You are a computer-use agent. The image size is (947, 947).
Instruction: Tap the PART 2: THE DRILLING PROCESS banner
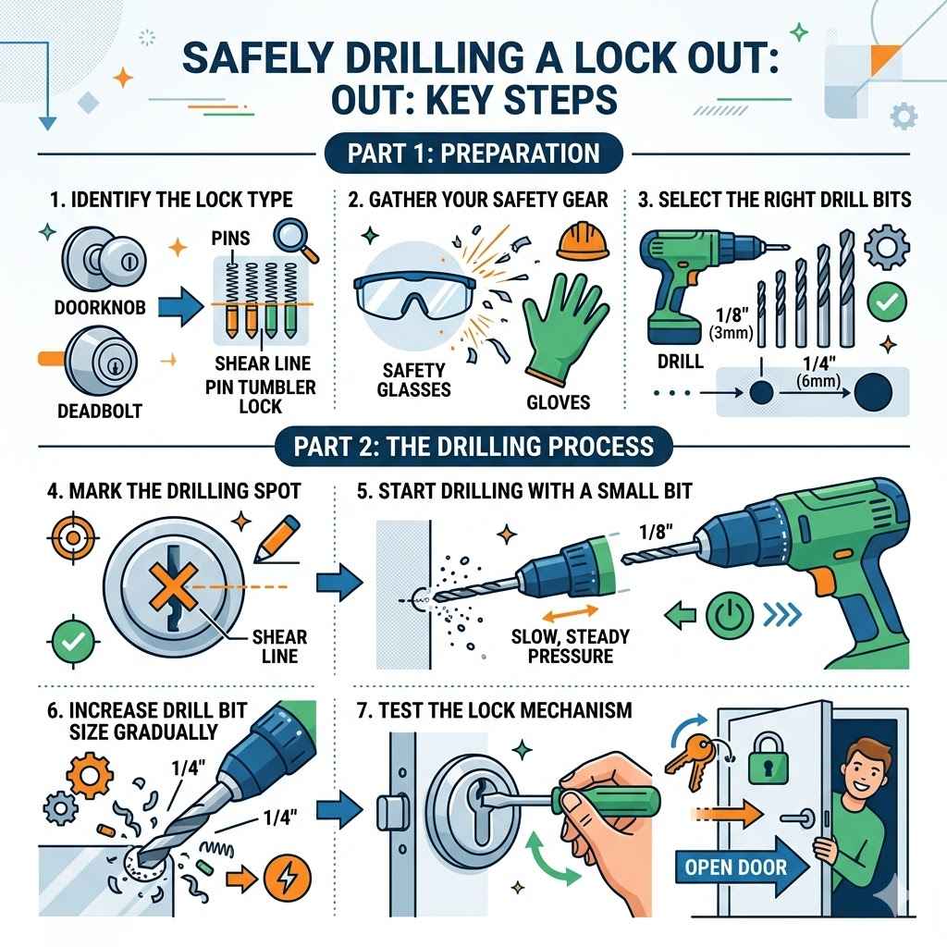pyautogui.click(x=473, y=447)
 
